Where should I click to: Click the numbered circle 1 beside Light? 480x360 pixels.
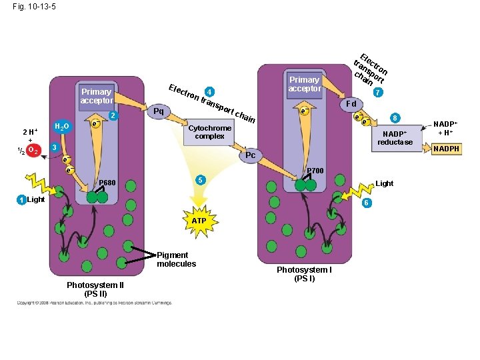click(x=22, y=200)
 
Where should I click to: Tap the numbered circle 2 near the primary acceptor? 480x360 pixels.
click(x=113, y=117)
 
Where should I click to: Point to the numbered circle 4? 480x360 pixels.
click(x=209, y=91)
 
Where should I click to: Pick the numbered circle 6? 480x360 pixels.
click(x=366, y=203)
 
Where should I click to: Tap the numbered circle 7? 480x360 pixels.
click(x=378, y=92)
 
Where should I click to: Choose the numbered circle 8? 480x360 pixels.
click(x=395, y=117)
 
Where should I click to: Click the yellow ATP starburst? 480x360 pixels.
click(x=199, y=219)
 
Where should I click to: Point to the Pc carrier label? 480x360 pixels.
click(x=251, y=155)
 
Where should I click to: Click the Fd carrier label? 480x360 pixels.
click(x=351, y=104)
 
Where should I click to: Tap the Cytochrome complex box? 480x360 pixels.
click(x=210, y=132)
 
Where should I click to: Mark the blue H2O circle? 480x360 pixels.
click(x=61, y=127)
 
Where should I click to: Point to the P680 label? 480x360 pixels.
click(x=107, y=183)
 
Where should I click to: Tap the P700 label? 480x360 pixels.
click(x=315, y=171)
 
